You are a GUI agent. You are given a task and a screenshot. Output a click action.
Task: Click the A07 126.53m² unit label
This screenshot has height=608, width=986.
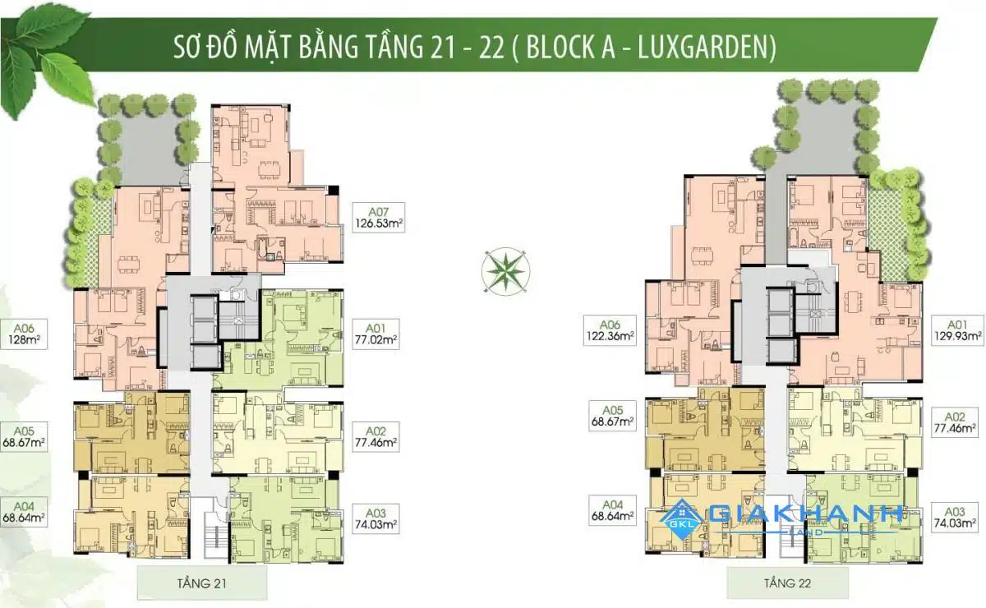coord(378,218)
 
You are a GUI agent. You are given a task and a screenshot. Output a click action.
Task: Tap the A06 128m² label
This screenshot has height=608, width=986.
coord(24,334)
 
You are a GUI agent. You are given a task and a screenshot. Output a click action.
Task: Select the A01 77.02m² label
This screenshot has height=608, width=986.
coord(376,334)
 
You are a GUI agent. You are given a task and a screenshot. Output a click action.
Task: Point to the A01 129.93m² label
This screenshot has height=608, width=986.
coord(957,330)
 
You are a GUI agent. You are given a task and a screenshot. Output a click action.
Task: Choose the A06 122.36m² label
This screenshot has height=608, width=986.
coord(610,330)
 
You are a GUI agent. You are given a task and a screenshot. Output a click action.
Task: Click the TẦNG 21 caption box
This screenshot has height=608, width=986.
coord(202,583)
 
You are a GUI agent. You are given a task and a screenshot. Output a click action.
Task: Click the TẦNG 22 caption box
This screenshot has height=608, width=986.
coord(787,583)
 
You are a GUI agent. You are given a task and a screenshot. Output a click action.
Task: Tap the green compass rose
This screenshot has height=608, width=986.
coord(506,272)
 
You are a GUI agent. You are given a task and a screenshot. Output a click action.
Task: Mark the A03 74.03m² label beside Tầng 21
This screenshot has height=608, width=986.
coord(376,518)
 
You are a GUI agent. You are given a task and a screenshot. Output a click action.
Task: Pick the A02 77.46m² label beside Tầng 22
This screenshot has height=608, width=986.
coord(955,422)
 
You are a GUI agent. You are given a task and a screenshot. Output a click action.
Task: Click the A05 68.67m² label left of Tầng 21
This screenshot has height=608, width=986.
coord(24,437)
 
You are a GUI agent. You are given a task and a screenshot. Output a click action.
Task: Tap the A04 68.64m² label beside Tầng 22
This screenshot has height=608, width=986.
coord(612,510)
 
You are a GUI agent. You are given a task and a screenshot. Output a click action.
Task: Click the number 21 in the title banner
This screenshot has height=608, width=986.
coord(442,47)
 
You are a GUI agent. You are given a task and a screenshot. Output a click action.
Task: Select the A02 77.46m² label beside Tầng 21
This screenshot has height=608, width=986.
coord(376,437)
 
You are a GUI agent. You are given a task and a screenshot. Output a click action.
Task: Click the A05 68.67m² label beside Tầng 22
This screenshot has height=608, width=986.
coord(612,416)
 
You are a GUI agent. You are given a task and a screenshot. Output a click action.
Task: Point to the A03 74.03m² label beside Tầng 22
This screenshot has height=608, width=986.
coord(955,518)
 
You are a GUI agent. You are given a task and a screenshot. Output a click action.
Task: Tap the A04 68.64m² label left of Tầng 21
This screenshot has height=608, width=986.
coord(24,512)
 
